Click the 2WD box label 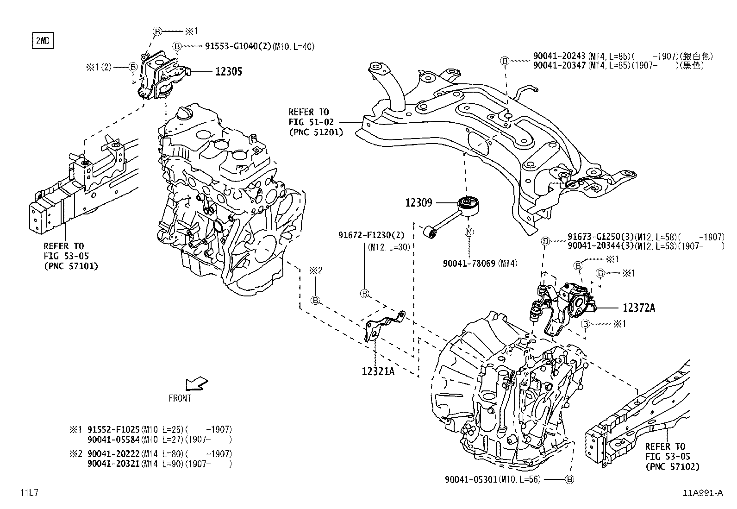42,41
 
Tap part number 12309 418,202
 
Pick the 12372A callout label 638,308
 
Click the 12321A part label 378,371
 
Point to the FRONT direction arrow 196,384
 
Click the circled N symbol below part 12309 468,232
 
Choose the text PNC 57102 673,466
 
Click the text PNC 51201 316,132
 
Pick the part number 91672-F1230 366,235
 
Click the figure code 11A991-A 702,493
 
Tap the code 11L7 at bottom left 29,493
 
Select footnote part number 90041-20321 113,464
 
